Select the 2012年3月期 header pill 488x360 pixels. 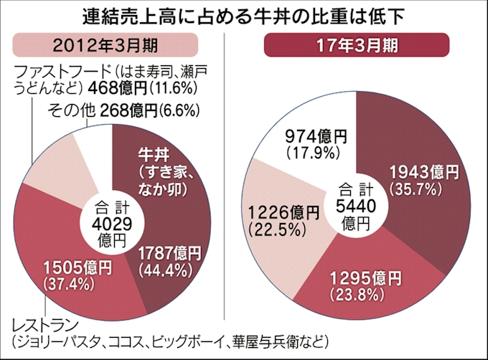click(x=112, y=45)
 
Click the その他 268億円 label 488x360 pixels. click(x=123, y=111)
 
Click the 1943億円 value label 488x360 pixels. click(x=423, y=172)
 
